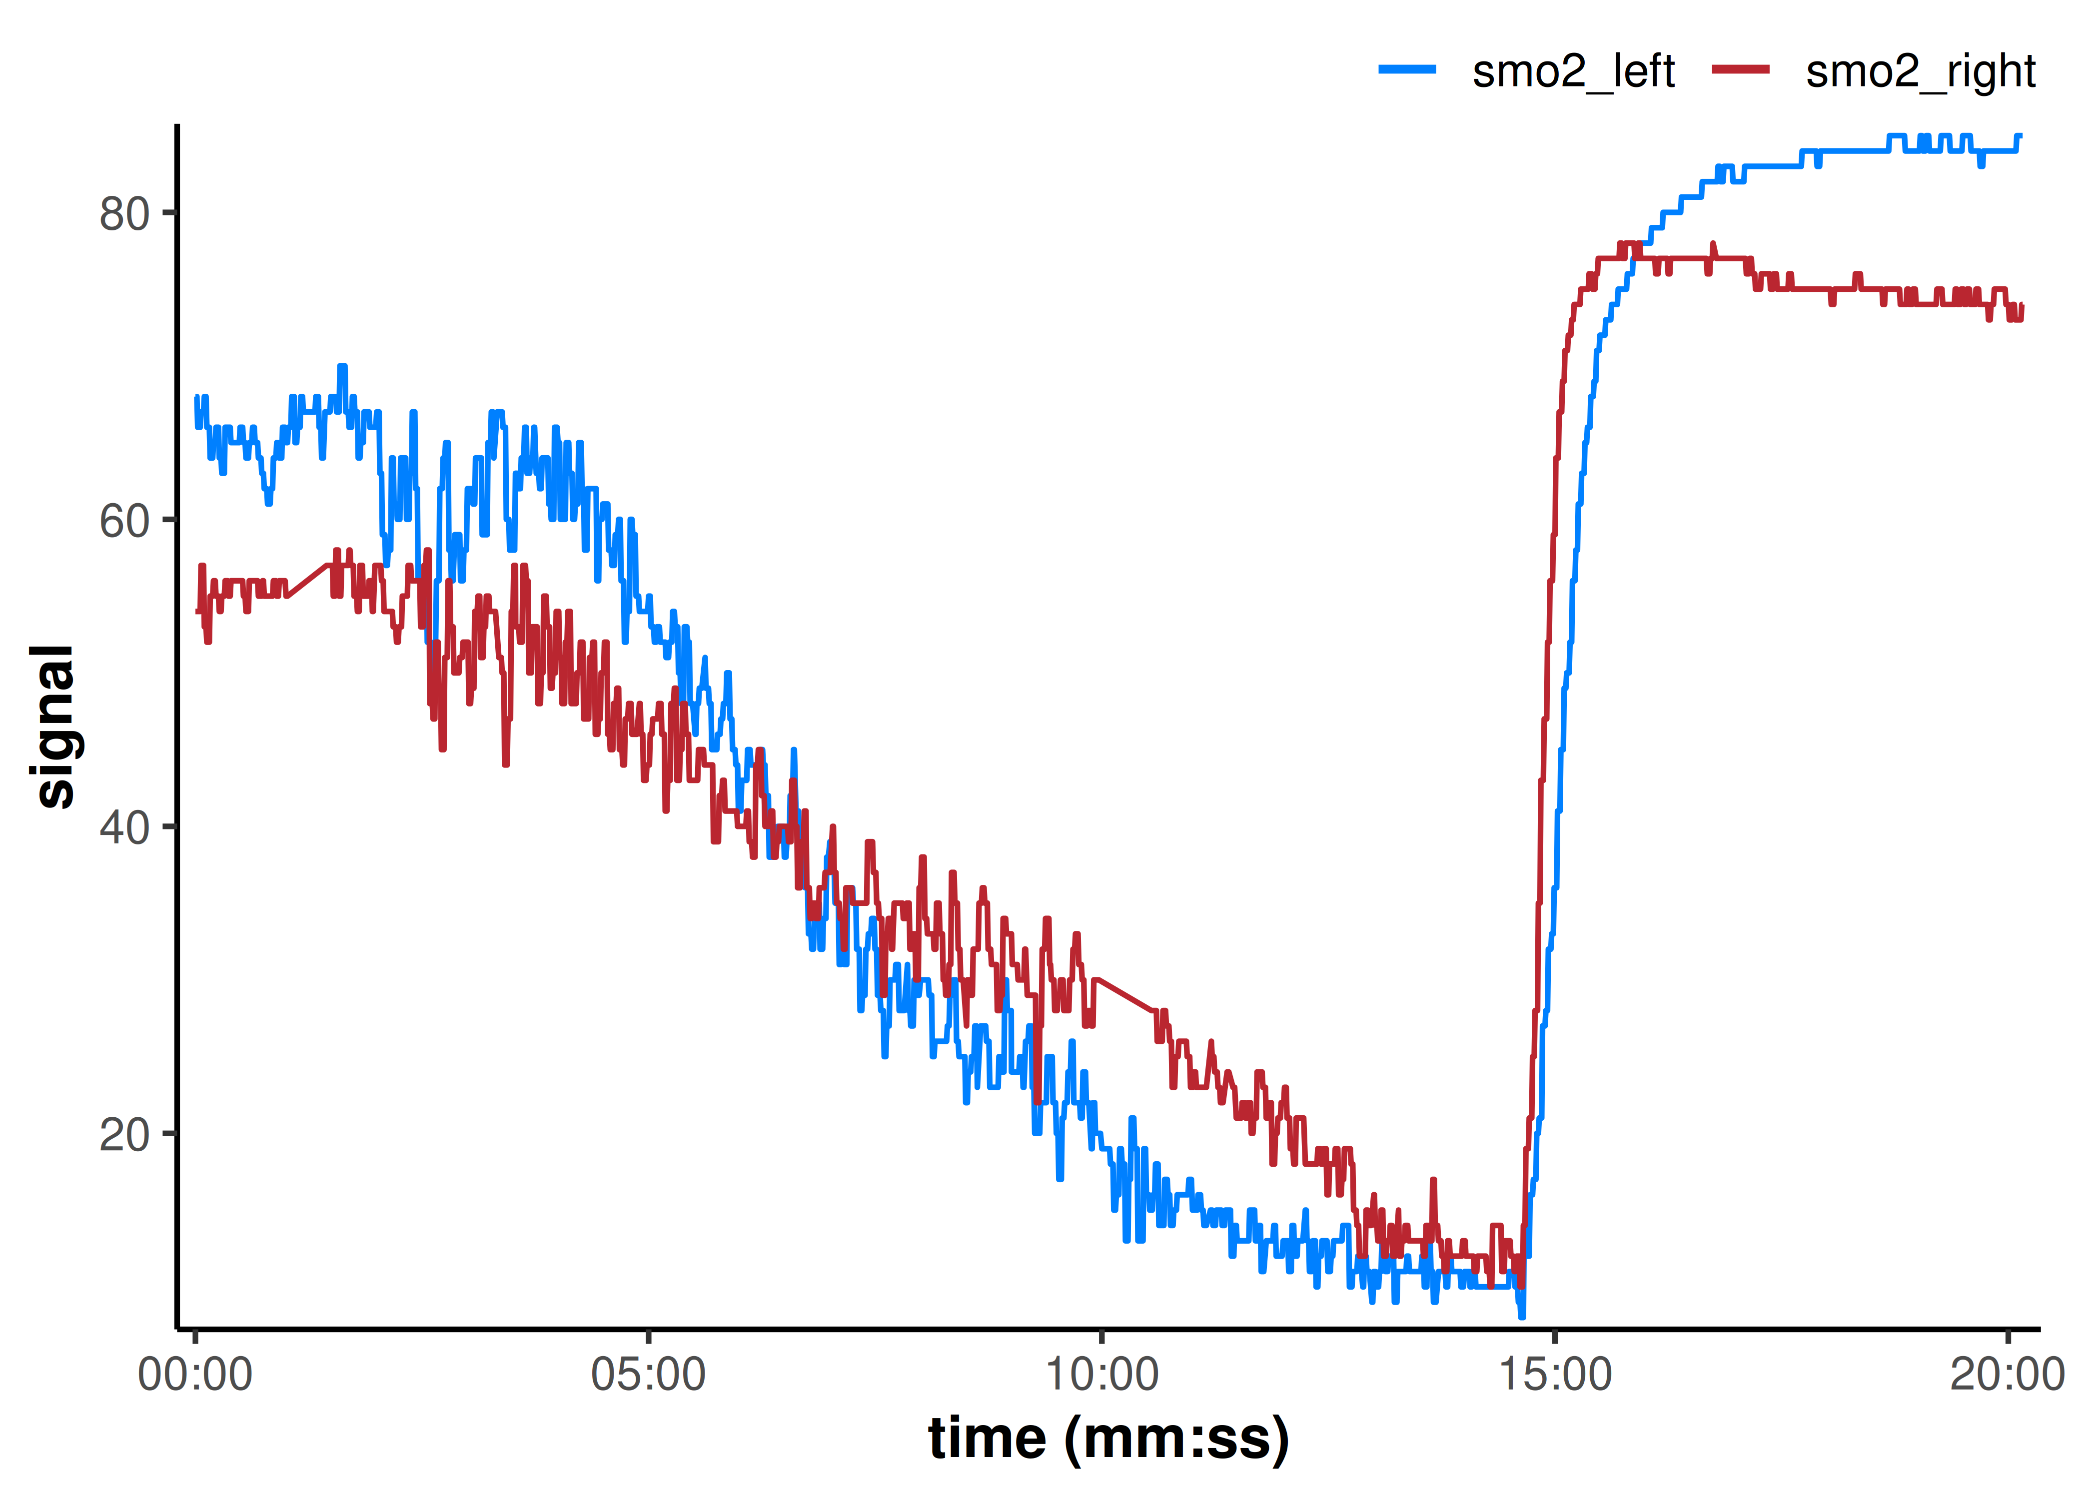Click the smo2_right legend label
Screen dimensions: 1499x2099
point(1920,72)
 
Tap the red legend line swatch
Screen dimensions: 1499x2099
point(1740,69)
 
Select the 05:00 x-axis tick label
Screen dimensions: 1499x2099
point(648,1375)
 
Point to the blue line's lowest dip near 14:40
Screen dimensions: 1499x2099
point(1522,1315)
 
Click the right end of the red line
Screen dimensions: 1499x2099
point(2022,306)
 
